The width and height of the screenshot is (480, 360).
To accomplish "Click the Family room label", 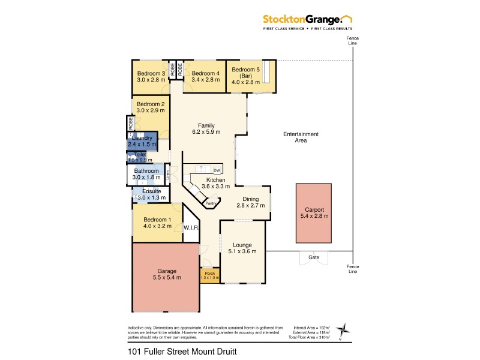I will point(206,125).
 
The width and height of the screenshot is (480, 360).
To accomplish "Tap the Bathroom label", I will point(146,171).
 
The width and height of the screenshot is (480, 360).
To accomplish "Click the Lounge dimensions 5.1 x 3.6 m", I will point(242,252).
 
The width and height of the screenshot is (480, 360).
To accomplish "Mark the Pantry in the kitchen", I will point(211,203).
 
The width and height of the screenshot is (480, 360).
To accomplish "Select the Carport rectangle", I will point(313,212).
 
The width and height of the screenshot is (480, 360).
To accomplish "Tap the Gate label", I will point(313,257).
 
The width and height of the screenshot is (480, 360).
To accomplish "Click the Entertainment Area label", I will point(301,137).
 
